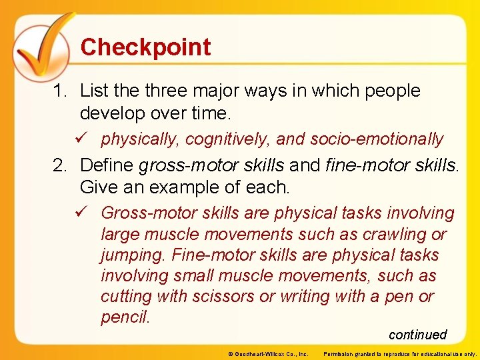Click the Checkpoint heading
click(145, 47)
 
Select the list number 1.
click(59, 91)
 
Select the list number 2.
click(60, 165)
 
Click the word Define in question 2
click(107, 165)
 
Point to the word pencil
click(125, 317)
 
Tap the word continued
click(417, 335)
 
